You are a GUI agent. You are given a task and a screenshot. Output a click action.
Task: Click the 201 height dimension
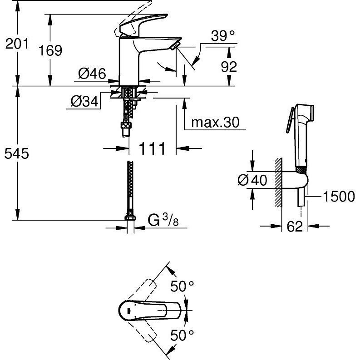coord(17,44)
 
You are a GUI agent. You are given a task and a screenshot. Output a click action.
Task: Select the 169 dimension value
coord(50,50)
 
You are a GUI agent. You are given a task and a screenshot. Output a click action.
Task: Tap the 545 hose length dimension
coord(17,153)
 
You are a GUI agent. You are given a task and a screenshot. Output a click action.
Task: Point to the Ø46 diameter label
coord(92,74)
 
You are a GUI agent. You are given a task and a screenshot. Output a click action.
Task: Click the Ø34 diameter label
coord(84,101)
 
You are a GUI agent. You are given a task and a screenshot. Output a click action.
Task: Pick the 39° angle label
coord(223,36)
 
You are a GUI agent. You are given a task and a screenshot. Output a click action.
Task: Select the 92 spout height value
coord(229,67)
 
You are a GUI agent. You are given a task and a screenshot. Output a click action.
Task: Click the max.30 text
coord(215,123)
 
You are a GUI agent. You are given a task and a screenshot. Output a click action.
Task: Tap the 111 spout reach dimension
coord(152,148)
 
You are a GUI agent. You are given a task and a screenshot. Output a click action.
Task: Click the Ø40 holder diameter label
coord(252,180)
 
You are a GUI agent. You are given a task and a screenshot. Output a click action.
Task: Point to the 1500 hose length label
coord(339,197)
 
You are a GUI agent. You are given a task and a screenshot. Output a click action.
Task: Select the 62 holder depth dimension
coord(295,227)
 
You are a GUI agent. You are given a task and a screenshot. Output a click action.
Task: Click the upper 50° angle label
coord(182,286)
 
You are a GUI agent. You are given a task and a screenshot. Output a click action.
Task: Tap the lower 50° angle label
coord(182,335)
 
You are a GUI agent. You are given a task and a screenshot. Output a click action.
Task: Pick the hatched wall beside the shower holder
coord(278,182)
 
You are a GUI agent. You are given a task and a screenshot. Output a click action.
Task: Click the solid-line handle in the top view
coord(150,310)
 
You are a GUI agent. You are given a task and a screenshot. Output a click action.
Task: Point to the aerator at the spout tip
coord(175,46)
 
